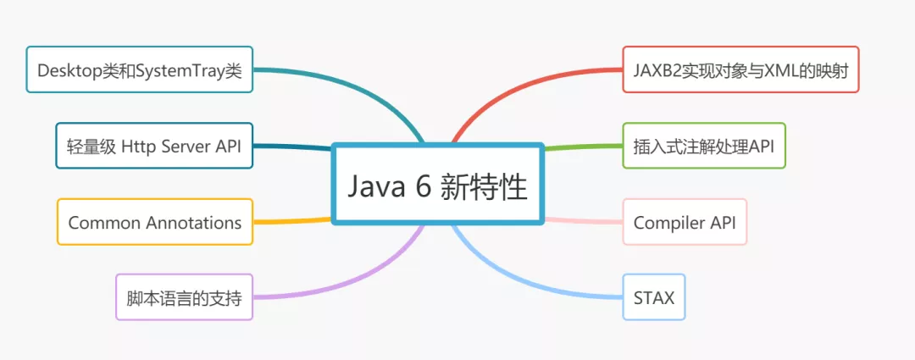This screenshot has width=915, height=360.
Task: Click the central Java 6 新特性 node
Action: click(436, 186)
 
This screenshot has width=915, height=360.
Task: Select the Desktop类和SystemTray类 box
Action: click(139, 69)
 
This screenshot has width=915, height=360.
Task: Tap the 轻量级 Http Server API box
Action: click(153, 146)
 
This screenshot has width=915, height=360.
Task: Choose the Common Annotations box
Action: click(154, 222)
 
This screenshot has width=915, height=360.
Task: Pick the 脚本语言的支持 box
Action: click(183, 297)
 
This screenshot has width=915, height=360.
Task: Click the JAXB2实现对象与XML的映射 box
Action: click(740, 69)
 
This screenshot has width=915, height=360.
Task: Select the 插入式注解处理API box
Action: click(703, 146)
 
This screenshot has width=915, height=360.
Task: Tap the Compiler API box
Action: click(685, 222)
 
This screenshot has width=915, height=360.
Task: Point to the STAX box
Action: click(653, 297)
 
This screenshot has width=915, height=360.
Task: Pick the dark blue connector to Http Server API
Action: click(292, 147)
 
